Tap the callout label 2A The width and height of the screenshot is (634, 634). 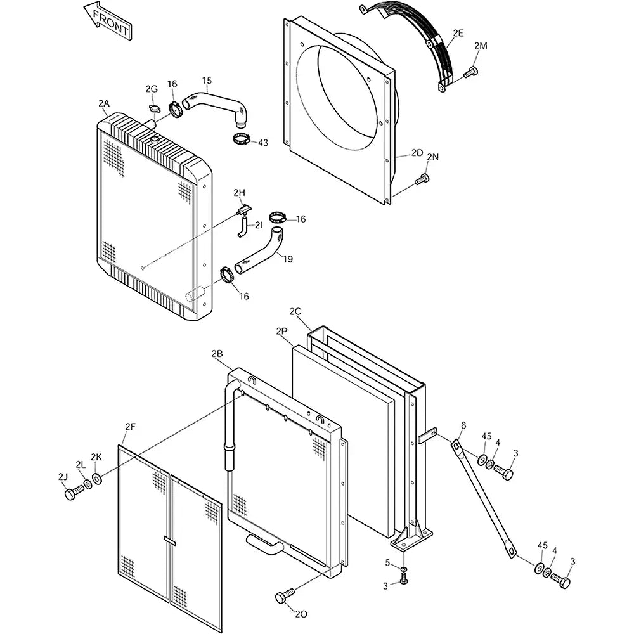tap(104, 103)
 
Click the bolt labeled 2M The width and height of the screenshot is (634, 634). tap(470, 73)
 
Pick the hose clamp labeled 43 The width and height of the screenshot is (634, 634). tap(242, 139)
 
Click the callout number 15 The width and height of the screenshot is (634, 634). tap(207, 81)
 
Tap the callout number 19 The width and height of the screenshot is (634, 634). tap(288, 258)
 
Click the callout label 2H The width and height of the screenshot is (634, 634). tap(239, 192)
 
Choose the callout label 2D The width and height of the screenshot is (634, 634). tap(417, 153)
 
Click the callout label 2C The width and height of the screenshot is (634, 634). tap(295, 311)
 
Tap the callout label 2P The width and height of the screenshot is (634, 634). tap(282, 330)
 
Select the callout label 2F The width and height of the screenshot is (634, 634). tap(129, 427)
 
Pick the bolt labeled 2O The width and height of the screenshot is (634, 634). tap(283, 596)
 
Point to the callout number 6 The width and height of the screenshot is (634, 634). tap(463, 426)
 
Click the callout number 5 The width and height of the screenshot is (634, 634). tap(387, 562)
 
